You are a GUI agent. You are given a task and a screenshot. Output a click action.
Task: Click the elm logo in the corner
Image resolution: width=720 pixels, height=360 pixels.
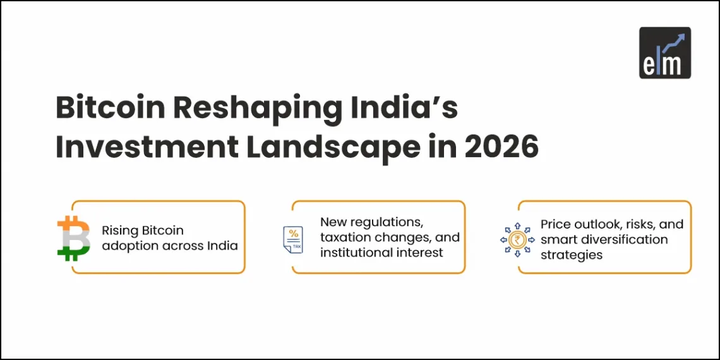(x=664, y=53)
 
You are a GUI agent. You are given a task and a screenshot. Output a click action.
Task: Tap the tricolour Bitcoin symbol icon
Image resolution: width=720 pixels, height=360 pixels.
(x=74, y=237)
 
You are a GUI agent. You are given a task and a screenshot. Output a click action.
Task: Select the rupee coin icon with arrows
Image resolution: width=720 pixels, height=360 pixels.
(x=517, y=239)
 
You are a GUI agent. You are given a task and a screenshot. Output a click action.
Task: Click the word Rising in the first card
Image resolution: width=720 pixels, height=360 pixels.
(x=119, y=231)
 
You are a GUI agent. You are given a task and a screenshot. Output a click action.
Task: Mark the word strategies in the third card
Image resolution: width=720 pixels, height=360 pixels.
(x=571, y=255)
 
